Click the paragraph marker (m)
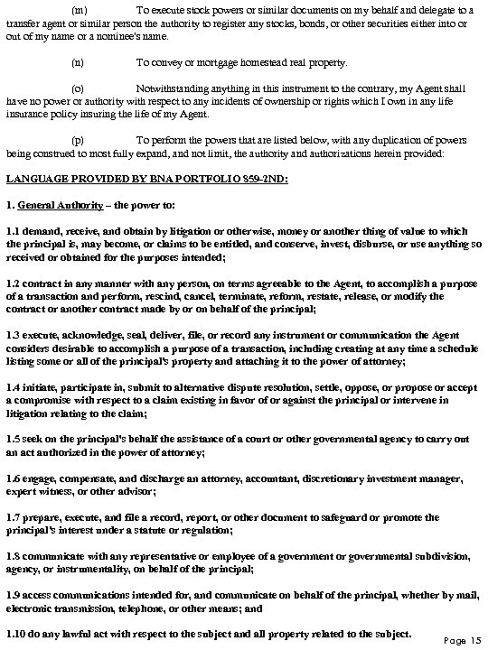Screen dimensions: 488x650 point(78,9)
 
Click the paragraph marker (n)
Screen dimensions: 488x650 point(77,62)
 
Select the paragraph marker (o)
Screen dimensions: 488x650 point(77,89)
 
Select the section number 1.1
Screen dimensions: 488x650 point(14,231)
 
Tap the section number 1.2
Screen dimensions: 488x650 point(14,283)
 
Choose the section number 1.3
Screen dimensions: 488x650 point(14,334)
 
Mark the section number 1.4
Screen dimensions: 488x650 point(14,386)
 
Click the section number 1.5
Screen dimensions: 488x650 point(14,439)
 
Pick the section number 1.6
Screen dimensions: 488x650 point(14,478)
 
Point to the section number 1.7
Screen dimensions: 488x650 point(14,517)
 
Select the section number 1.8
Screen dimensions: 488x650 point(14,557)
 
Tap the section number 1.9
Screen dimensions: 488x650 point(14,596)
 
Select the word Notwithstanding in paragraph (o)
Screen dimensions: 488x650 point(174,89)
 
